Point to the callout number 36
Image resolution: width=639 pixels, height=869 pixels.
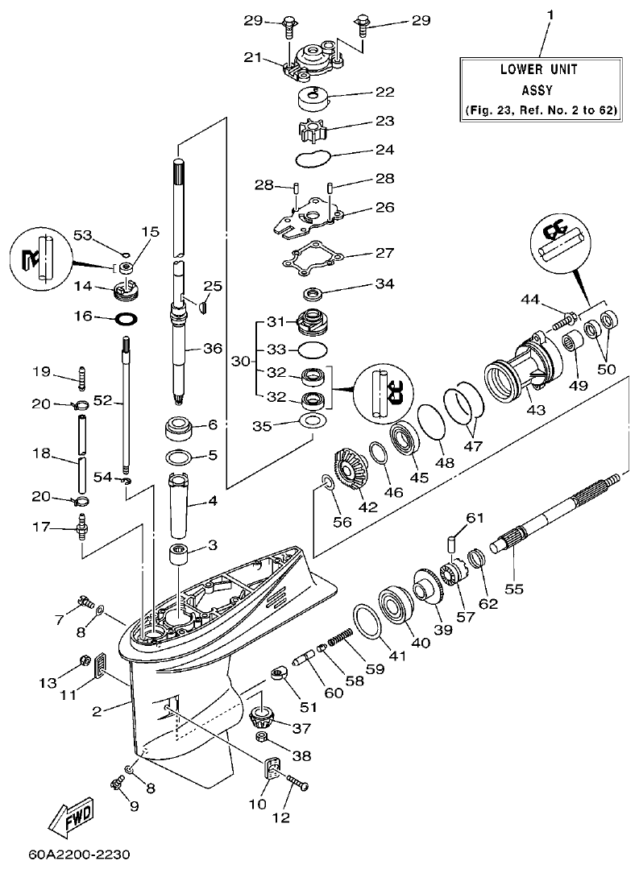click(x=212, y=348)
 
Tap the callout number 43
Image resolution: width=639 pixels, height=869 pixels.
click(x=535, y=409)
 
